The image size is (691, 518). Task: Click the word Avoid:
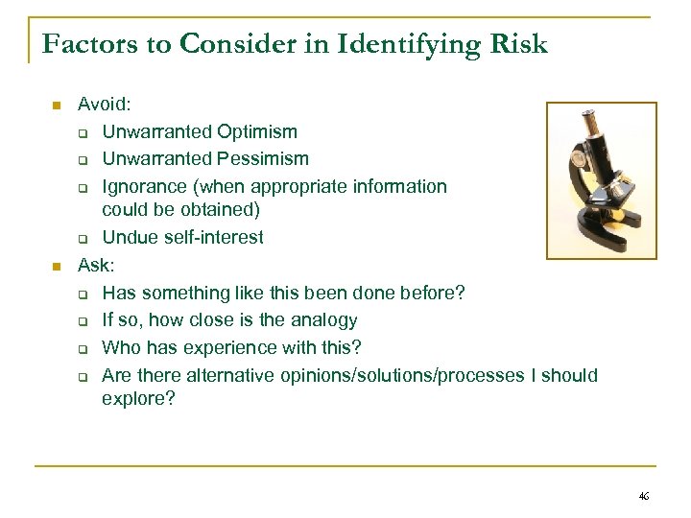coord(103,104)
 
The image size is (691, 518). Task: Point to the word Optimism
coord(258,131)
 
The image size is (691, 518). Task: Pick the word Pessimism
coord(263,158)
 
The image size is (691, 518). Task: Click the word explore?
coord(138,398)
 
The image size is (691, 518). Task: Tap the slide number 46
coord(643,496)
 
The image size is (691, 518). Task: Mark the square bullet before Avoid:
coord(57,105)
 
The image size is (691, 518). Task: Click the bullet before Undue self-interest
coord(83,238)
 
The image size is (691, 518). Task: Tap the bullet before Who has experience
coord(83,348)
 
